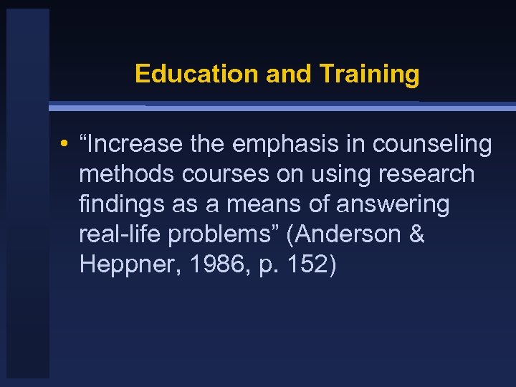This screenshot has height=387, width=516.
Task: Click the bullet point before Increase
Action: point(64,145)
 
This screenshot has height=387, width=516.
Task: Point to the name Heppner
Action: point(123,264)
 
